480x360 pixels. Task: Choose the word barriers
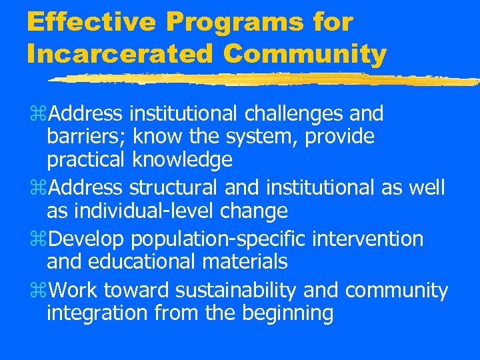coord(86,137)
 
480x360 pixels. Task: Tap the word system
coord(251,137)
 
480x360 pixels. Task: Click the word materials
coord(251,261)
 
